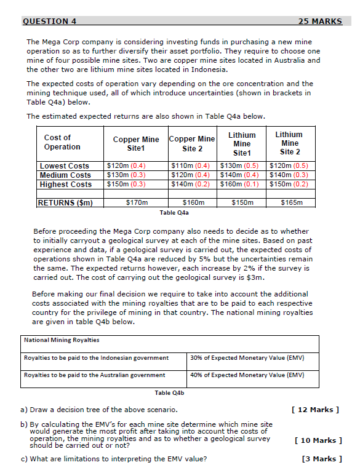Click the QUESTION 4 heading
point(49,22)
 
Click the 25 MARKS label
point(319,22)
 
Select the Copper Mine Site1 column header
point(136,144)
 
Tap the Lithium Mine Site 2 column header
point(289,143)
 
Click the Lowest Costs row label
point(65,166)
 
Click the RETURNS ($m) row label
point(65,202)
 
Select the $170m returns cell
point(135,202)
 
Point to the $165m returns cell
point(290,202)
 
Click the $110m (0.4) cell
point(192,166)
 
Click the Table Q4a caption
point(174,213)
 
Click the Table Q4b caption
point(169,392)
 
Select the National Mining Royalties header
point(61,340)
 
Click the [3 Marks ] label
point(320,459)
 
